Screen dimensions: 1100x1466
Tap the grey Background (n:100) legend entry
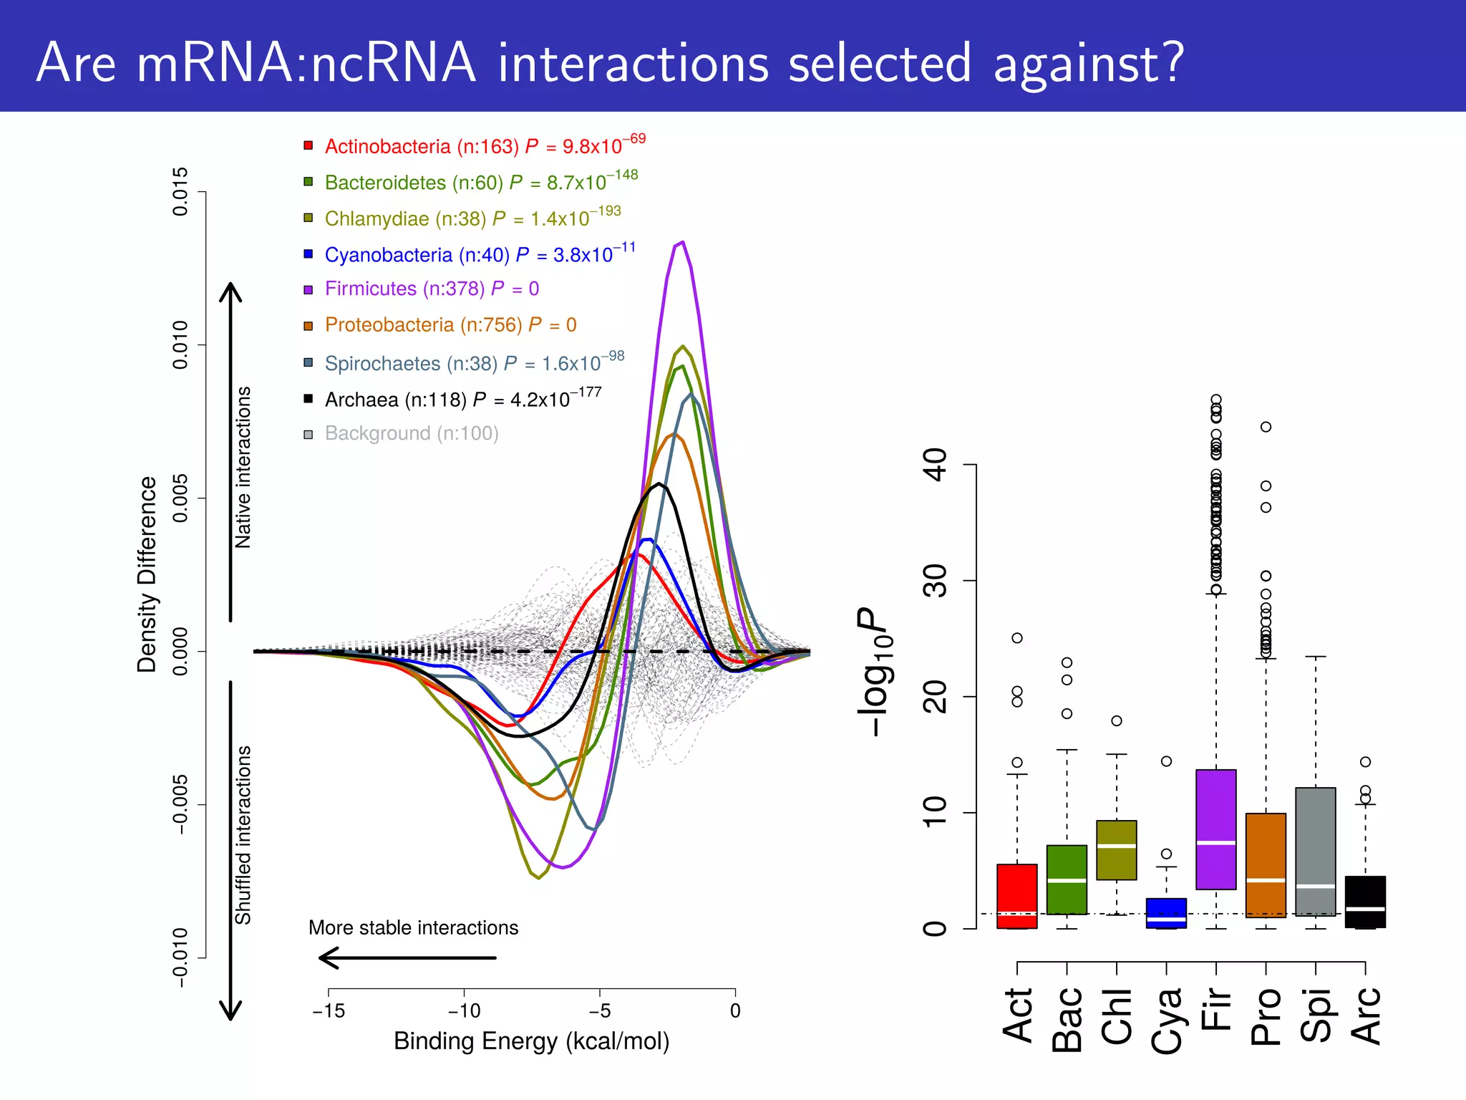tap(411, 433)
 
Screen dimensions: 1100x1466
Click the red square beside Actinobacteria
tap(309, 146)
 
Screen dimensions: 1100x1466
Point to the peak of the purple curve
tap(683, 242)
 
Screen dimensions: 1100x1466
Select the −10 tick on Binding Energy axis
tap(464, 1010)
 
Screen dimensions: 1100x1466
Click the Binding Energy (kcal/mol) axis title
tap(531, 1041)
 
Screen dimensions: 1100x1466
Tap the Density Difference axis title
tap(147, 574)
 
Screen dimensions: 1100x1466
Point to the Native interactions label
tap(243, 467)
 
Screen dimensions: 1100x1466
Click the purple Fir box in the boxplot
tap(1215, 829)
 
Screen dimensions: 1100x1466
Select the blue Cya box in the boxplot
tap(1166, 912)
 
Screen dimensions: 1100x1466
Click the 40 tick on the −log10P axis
tap(936, 465)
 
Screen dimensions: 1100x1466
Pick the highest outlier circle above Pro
tap(1266, 427)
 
